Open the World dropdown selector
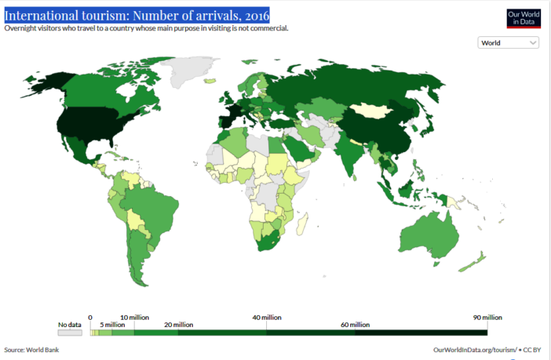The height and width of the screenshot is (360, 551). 508,43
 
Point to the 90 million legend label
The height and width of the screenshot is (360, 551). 487,318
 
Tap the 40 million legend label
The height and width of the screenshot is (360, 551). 266,318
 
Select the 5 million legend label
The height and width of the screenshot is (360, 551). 111,325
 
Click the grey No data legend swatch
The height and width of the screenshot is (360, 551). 69,333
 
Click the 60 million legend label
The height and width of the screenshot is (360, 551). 355,325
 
